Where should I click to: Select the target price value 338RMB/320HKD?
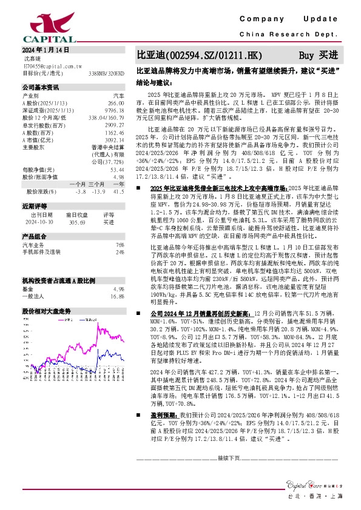tap(106, 73)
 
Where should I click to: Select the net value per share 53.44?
tap(116, 170)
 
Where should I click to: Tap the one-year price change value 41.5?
tap(119, 191)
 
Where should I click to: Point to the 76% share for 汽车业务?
tap(120, 244)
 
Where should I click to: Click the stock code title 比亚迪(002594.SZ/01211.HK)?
tap(191, 55)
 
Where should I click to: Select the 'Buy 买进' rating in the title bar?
tap(319, 55)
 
